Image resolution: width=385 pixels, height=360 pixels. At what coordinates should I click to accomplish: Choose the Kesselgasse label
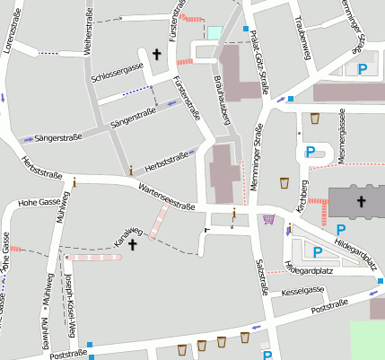coord(302,291)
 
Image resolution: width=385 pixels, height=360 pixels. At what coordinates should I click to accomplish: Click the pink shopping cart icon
coord(268,218)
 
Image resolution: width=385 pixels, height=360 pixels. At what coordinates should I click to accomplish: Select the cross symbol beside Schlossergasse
coord(157,56)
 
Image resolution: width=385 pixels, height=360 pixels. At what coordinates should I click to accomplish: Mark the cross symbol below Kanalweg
coord(133,244)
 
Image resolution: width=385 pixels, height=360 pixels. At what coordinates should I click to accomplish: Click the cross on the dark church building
coord(361,201)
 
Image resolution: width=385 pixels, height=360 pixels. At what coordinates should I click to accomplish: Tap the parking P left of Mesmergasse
coord(311,153)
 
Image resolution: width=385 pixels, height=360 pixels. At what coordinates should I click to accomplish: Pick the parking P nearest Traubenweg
coord(363,68)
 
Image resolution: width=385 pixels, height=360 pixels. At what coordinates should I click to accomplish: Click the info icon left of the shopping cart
coord(234,213)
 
